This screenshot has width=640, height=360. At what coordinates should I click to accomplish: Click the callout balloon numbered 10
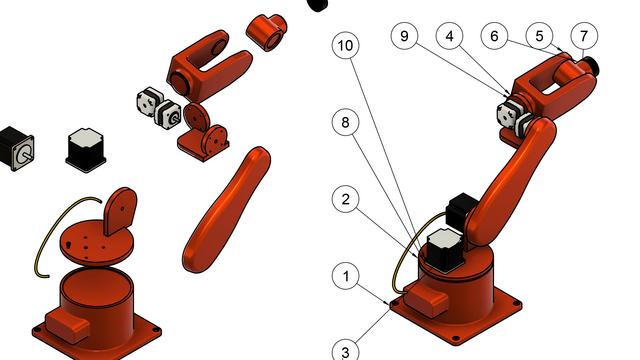pos(346,45)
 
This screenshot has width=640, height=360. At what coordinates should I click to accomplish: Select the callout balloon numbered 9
pos(404,36)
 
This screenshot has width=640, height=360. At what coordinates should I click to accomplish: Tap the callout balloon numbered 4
pos(449,36)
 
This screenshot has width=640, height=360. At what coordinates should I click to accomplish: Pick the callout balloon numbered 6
pos(494,36)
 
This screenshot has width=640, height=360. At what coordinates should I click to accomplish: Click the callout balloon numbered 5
pos(539,36)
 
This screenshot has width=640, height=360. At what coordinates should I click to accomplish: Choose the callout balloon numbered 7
pos(584,36)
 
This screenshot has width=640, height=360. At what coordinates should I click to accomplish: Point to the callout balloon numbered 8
pos(346,122)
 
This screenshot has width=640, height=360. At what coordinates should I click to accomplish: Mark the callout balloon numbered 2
pos(346,199)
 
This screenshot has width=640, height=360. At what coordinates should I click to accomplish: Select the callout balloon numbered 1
pos(346,276)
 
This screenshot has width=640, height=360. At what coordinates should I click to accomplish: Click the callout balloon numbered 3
pos(346,351)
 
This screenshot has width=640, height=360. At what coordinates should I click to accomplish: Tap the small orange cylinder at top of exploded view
pos(267,32)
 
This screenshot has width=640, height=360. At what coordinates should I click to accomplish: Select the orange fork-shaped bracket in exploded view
pos(209,65)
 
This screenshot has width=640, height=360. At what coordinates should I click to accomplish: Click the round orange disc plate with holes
pos(97,244)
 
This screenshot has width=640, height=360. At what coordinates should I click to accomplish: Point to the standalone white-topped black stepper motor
pos(85,150)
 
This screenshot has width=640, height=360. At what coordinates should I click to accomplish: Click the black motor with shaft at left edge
pos(16,148)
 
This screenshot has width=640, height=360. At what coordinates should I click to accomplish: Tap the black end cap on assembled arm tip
pos(591,66)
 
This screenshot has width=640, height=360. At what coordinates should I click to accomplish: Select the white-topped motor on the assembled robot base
pos(445,249)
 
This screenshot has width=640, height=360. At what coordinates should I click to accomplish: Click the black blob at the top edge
pos(318,5)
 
